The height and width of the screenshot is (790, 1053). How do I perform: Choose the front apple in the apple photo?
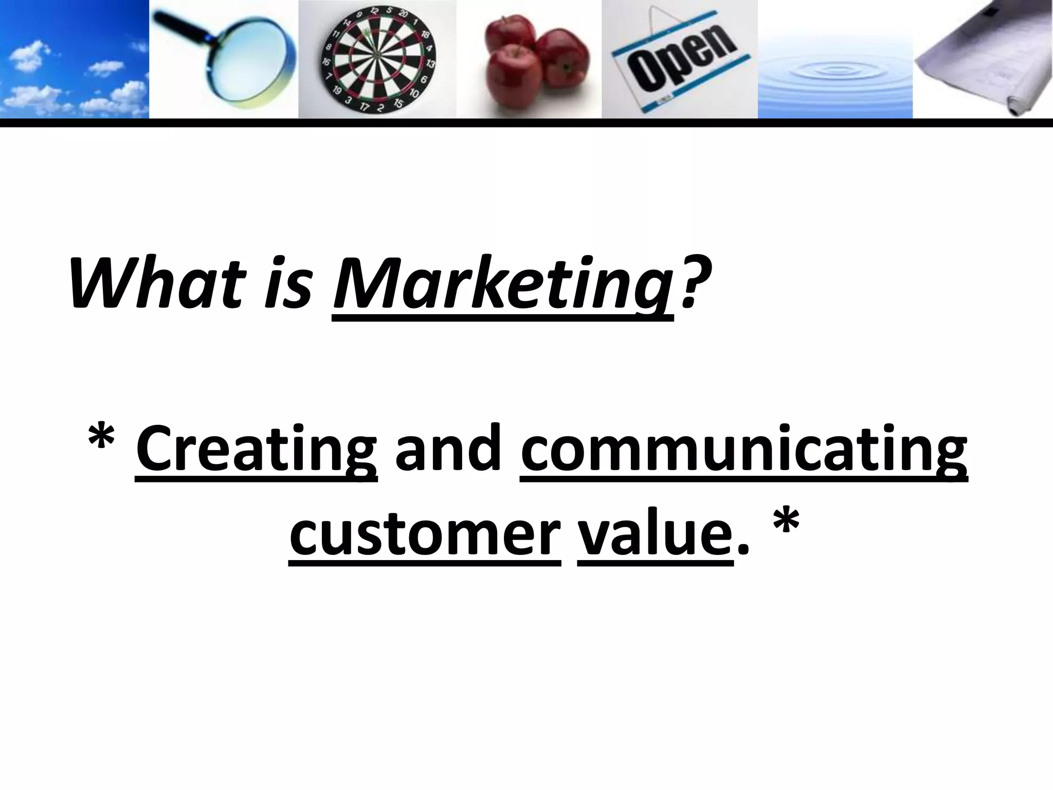click(x=514, y=82)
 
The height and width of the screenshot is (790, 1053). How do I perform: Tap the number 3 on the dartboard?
click(x=349, y=100)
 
